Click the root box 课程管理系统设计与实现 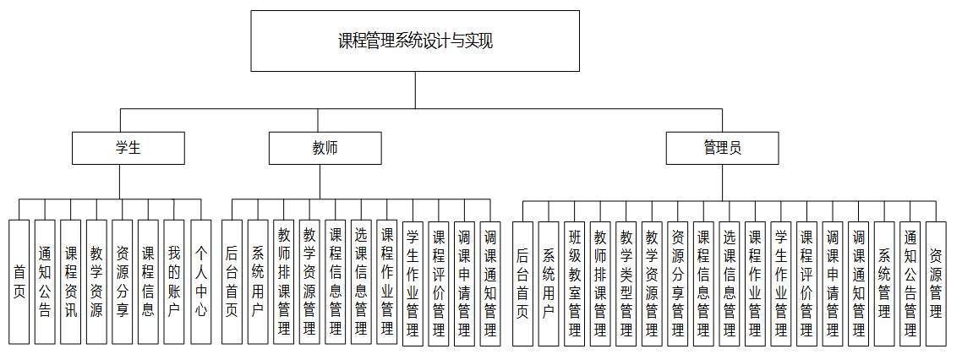coord(415,41)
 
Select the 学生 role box coord(128,148)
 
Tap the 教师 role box coord(325,148)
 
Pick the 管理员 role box coord(722,148)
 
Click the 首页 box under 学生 coord(19,281)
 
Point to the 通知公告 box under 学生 coord(46,281)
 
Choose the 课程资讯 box coord(71,281)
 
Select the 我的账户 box coord(174,281)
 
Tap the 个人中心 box coord(200,281)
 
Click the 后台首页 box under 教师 coord(232,281)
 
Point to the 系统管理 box coord(884,281)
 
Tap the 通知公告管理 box coord(910,281)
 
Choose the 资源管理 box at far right coord(935,281)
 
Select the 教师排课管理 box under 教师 coord(284,281)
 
